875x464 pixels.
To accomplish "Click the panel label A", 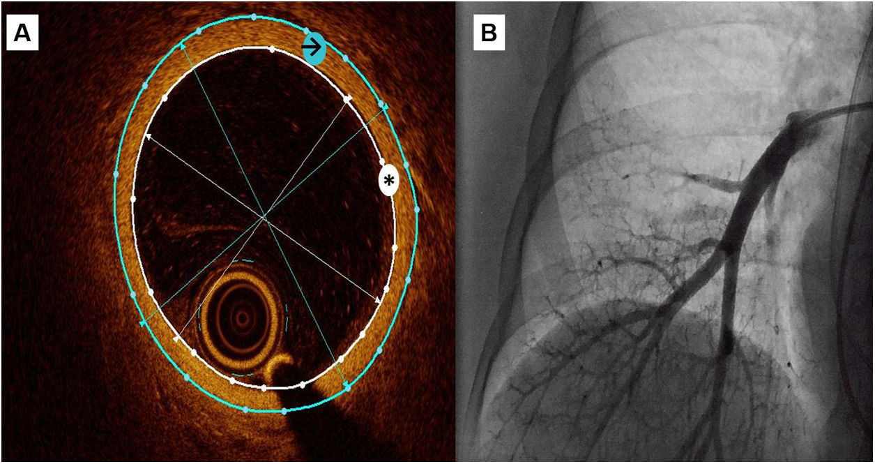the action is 22,33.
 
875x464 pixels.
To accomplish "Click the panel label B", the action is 489,33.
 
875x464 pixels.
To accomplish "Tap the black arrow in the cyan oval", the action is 314,47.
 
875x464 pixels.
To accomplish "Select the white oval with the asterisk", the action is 388,181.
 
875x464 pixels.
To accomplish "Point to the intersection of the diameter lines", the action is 265,217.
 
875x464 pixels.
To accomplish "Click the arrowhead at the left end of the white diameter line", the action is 148,135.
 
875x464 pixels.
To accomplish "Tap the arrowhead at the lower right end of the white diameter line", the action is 380,301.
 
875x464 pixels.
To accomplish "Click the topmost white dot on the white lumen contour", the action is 272,49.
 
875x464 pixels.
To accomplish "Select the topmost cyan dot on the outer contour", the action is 254,16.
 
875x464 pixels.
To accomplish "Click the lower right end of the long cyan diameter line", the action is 347,386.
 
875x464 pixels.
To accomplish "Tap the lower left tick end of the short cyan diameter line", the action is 143,323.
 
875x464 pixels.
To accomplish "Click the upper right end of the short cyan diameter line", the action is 385,106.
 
